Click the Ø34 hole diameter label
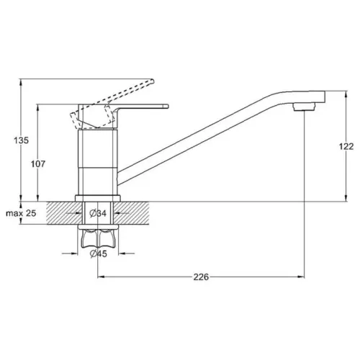[99, 214]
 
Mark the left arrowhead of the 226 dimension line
[101, 277]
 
